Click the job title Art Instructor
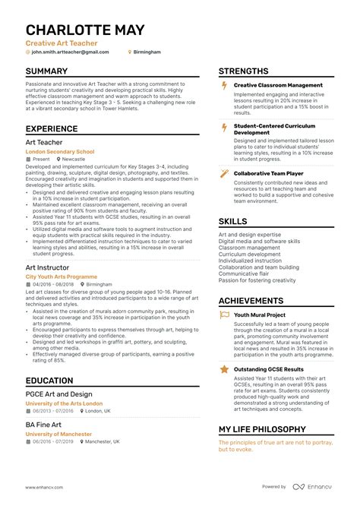48,268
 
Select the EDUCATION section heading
49,381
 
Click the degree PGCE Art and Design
58,394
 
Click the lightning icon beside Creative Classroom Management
224,85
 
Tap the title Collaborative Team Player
270,173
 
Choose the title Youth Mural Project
260,315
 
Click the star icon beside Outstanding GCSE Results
224,369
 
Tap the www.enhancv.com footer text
43,487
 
